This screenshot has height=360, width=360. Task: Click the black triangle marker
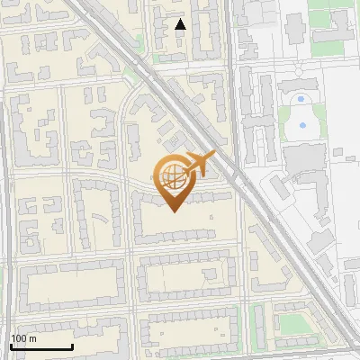(180, 24)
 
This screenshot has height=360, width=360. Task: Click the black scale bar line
(41, 347)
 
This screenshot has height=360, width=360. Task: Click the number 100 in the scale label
(20, 338)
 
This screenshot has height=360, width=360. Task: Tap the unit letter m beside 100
(32, 339)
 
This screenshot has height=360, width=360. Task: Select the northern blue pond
(301, 97)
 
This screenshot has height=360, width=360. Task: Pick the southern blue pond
(302, 125)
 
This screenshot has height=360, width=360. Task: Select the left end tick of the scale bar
(11, 346)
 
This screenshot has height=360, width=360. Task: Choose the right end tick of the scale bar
(72, 346)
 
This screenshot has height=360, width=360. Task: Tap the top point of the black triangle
(180, 19)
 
